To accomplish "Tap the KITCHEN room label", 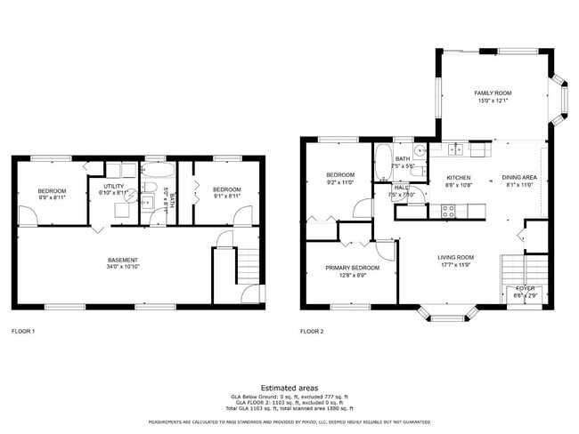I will (x=458, y=178).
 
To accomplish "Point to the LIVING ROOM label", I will (x=455, y=258).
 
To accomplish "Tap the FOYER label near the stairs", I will (x=526, y=288).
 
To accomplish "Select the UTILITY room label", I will (x=112, y=186).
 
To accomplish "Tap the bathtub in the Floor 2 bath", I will (x=382, y=161).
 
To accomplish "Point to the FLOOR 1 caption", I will (x=22, y=331).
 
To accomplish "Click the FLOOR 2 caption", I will (x=312, y=331).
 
